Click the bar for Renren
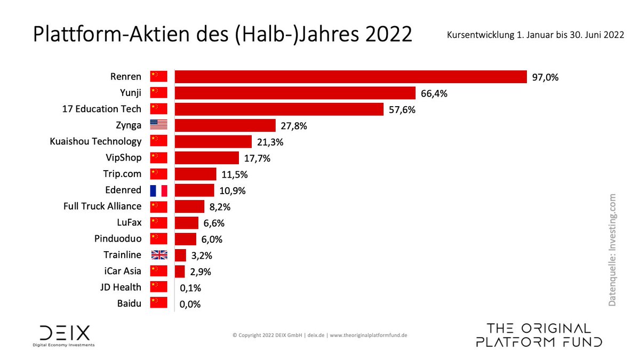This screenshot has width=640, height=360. point(350,77)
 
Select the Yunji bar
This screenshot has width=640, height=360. point(295,93)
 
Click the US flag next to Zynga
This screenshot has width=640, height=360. point(158,125)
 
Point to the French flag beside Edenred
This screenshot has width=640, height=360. point(158,190)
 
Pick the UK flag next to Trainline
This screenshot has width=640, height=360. point(158,255)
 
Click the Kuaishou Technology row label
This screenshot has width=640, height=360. point(95,141)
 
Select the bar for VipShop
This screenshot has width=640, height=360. point(207,158)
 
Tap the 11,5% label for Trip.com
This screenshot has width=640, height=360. point(235,174)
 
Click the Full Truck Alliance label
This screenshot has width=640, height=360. point(102,206)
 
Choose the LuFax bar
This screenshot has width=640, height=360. point(187,223)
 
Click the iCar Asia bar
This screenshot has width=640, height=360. point(180,271)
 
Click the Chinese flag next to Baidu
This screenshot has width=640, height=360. point(158,303)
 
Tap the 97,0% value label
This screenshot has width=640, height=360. point(545,77)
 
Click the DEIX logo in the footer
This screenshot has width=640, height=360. point(65,335)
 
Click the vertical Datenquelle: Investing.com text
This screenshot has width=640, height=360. point(612,250)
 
